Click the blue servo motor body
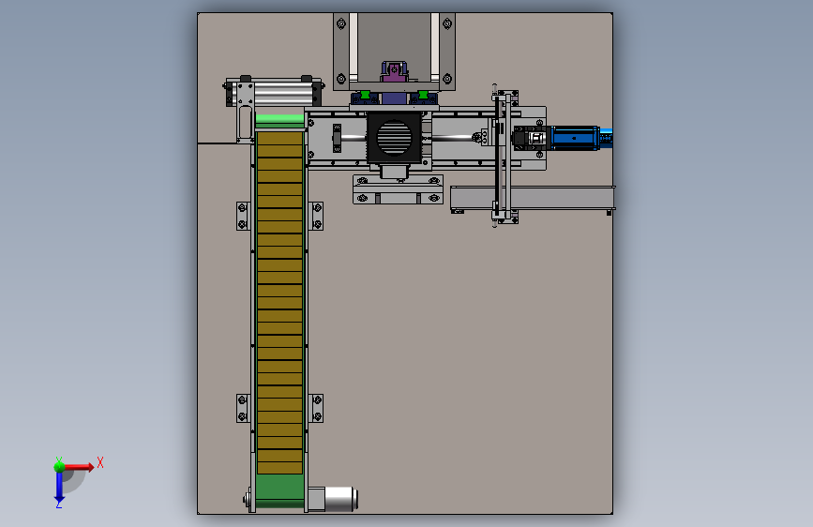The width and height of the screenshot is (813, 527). point(575,138)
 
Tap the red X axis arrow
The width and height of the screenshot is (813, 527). point(79,467)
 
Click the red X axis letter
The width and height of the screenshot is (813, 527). point(100,462)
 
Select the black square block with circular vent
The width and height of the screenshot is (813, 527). point(394,138)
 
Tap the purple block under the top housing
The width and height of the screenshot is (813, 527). point(395,72)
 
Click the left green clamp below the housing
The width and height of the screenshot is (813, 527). point(365,95)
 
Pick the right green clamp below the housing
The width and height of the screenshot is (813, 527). point(423,95)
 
